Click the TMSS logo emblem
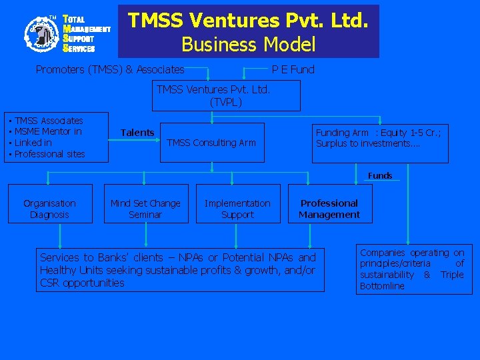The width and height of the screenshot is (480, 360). pos(42,33)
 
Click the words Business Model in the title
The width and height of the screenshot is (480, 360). pos(248,45)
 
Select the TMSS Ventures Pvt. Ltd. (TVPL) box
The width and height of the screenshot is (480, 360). pos(226,95)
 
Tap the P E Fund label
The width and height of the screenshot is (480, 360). pos(293,69)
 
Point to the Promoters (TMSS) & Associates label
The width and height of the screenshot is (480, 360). pos(110,69)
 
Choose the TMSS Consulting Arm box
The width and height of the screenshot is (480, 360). pos(212,142)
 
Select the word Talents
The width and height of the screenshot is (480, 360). pos(137,133)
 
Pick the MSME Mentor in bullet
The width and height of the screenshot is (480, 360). pos(48,132)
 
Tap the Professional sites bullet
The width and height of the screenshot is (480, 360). pos(49,154)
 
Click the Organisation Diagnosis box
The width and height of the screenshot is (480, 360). pos(50,209)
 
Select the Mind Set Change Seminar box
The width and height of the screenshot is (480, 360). pos(145,209)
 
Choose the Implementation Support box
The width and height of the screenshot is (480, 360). pos(238,209)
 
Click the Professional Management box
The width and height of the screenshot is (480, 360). pos(329,209)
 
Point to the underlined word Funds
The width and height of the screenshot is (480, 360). pos(380,176)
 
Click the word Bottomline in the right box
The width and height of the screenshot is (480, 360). pos(382,286)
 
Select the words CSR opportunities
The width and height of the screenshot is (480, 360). pos(82,283)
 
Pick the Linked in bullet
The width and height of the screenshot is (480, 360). pos(33,143)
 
